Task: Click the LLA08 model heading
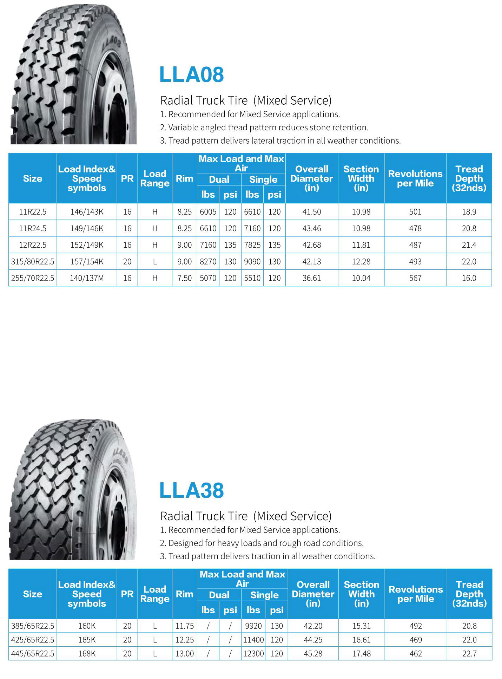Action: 191,74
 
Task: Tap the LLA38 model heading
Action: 191,490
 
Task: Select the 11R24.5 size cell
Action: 33,228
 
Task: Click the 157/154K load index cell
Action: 87,262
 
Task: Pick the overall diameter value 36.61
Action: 311,278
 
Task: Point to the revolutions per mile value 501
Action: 415,212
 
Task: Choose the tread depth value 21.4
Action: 469,245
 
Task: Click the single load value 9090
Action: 252,262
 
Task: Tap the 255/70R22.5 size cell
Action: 33,278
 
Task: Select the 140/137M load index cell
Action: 87,278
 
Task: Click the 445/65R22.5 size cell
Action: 33,654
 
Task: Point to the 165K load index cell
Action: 87,640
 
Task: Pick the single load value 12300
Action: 253,654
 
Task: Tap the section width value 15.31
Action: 361,626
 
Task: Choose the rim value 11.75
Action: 185,626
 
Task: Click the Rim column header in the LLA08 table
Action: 185,178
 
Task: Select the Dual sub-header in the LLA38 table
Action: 219,595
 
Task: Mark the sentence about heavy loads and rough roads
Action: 262,543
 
